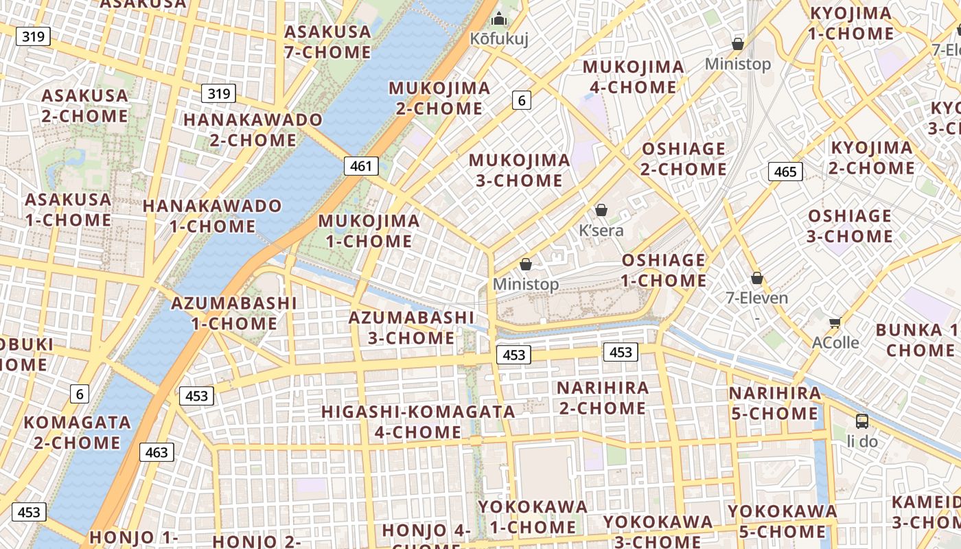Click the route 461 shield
click(x=361, y=165)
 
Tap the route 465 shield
click(x=785, y=171)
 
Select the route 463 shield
click(x=157, y=452)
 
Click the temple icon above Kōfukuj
click(x=499, y=18)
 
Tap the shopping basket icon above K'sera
click(x=601, y=210)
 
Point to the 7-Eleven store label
click(x=757, y=298)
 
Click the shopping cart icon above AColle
click(x=835, y=323)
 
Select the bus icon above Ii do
click(x=862, y=421)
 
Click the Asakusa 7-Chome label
click(x=328, y=42)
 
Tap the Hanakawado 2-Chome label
click(x=253, y=130)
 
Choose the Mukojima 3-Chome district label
click(x=520, y=170)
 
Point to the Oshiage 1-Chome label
click(x=664, y=270)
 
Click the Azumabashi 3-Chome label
click(x=411, y=327)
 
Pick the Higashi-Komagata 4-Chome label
click(x=419, y=421)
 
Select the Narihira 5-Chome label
click(x=775, y=404)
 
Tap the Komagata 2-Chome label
click(x=77, y=432)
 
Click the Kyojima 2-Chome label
click(x=872, y=158)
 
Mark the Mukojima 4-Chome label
click(x=633, y=77)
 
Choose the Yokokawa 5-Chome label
click(x=783, y=521)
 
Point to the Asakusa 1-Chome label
click(x=68, y=210)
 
